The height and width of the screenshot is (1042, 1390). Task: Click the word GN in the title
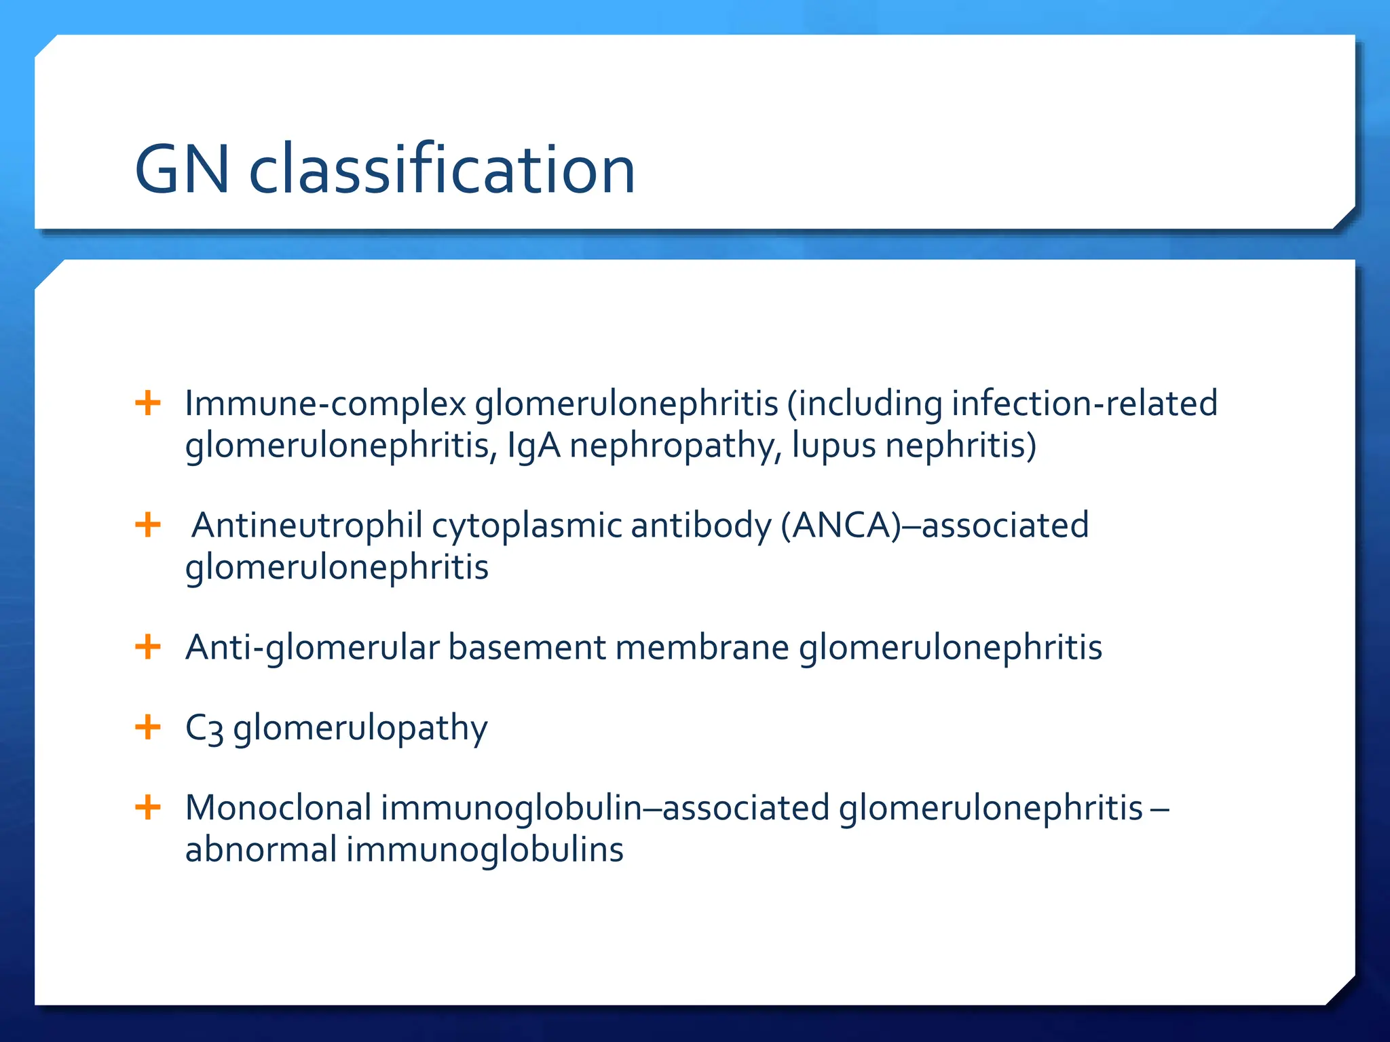click(x=182, y=170)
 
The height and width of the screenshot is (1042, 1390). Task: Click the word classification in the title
click(x=442, y=170)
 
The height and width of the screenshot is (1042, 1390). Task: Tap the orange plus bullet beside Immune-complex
click(x=148, y=403)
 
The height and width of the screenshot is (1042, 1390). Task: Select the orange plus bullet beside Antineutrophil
click(x=148, y=524)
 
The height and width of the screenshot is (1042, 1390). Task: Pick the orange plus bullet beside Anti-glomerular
click(x=148, y=647)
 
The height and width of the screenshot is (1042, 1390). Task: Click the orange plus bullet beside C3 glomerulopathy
click(x=148, y=727)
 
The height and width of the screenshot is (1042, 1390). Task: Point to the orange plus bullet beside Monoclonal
click(x=148, y=807)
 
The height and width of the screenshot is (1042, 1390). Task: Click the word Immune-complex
click(x=325, y=404)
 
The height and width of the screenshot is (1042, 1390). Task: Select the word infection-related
click(x=1084, y=404)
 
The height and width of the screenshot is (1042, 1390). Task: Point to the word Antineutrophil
click(x=307, y=526)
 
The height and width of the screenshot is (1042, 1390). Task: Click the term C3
click(x=204, y=729)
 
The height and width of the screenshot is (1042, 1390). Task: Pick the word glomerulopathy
click(x=360, y=729)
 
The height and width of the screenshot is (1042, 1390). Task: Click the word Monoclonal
click(x=278, y=809)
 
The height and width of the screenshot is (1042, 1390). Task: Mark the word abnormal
click(x=261, y=850)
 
